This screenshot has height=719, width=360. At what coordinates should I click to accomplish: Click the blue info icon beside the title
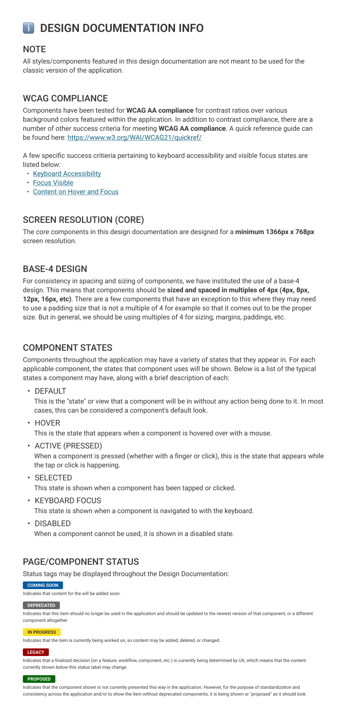pyautogui.click(x=28, y=28)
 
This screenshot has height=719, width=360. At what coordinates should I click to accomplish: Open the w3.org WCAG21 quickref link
pyautogui.click(x=134, y=138)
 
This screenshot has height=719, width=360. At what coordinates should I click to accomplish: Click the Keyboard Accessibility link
pyautogui.click(x=67, y=174)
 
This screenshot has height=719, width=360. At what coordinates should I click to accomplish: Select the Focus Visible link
pyautogui.click(x=53, y=183)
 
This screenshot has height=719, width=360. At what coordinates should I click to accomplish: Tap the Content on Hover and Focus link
pyautogui.click(x=76, y=192)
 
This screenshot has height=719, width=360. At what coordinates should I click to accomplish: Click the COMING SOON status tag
pyautogui.click(x=43, y=585)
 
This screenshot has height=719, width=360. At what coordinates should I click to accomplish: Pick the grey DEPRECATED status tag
pyautogui.click(x=41, y=605)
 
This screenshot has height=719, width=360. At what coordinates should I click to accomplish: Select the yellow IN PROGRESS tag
pyautogui.click(x=42, y=632)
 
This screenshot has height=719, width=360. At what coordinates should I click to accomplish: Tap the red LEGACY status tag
pyautogui.click(x=36, y=652)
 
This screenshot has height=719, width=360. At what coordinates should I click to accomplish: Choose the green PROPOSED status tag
pyautogui.click(x=39, y=679)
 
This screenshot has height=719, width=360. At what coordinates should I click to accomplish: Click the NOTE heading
pyautogui.click(x=34, y=49)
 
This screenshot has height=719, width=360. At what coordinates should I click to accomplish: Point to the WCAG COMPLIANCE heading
pyautogui.click(x=65, y=98)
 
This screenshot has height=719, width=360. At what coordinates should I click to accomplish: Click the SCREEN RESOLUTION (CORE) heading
pyautogui.click(x=83, y=220)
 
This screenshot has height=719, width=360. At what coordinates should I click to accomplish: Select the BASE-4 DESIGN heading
pyautogui.click(x=55, y=269)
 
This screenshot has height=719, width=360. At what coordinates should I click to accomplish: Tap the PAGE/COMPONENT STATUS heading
pyautogui.click(x=81, y=562)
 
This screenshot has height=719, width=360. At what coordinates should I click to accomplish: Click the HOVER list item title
pyautogui.click(x=47, y=423)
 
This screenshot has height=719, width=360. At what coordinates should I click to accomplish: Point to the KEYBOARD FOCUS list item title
pyautogui.click(x=68, y=501)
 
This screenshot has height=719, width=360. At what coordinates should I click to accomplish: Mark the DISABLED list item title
pyautogui.click(x=52, y=523)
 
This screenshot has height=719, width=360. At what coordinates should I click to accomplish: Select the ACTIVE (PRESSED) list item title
pyautogui.click(x=68, y=446)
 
